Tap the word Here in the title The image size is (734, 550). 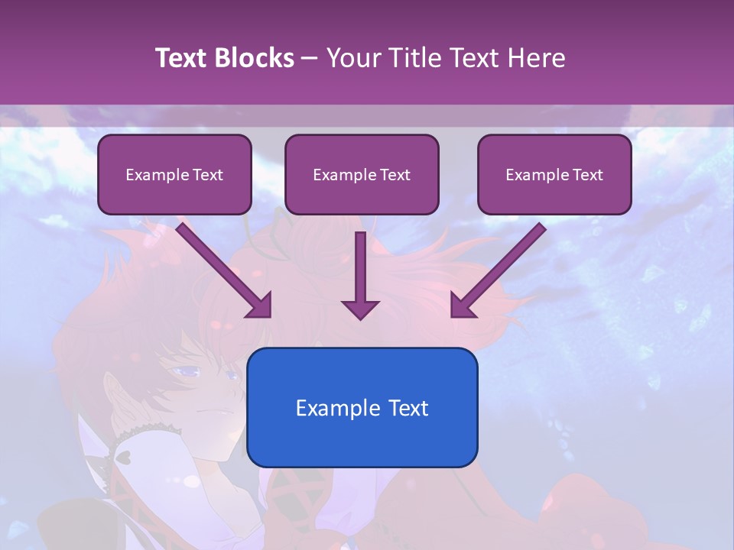click(534, 58)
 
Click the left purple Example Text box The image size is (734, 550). click(174, 175)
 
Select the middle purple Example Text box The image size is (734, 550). click(362, 175)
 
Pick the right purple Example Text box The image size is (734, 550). click(554, 175)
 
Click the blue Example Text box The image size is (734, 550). click(362, 407)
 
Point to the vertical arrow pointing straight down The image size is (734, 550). click(360, 275)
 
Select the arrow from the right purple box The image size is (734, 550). click(498, 270)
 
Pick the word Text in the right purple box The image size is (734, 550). click(587, 175)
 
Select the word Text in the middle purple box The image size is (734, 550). click(395, 175)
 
